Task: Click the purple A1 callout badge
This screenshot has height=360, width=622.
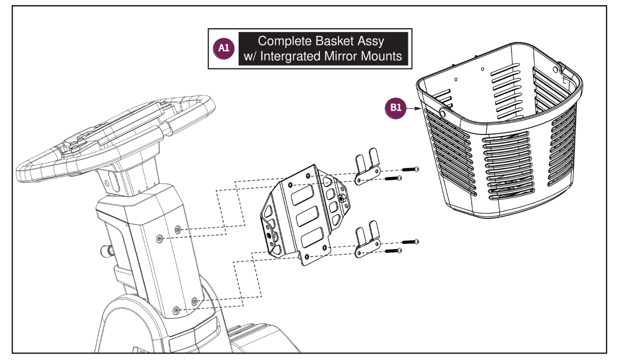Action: pyautogui.click(x=224, y=48)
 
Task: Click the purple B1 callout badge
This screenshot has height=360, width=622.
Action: pyautogui.click(x=395, y=108)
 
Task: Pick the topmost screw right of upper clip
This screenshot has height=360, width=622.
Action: pyautogui.click(x=410, y=169)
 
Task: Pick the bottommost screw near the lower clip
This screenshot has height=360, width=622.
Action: pyautogui.click(x=393, y=251)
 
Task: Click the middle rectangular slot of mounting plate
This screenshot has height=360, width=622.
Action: pyautogui.click(x=308, y=216)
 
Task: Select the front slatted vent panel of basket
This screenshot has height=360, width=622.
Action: pyautogui.click(x=508, y=166)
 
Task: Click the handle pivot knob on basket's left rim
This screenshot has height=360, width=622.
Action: pyautogui.click(x=442, y=113)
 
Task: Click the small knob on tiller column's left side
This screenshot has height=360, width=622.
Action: pyautogui.click(x=106, y=249)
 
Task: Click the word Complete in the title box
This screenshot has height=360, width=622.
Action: pyautogui.click(x=284, y=41)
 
